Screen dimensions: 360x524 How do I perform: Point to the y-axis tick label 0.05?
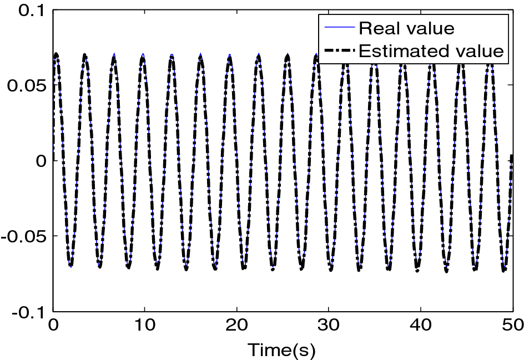tap(26, 85)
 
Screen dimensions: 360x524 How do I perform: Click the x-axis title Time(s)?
tap(281, 350)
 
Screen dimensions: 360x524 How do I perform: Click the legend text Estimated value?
tap(431, 51)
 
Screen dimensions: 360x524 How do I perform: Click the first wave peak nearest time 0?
tap(56, 54)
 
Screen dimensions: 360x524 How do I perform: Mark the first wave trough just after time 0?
tap(70, 266)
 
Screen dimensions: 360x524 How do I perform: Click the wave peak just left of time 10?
tap(143, 56)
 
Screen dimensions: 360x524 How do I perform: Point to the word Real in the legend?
tap(378, 27)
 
